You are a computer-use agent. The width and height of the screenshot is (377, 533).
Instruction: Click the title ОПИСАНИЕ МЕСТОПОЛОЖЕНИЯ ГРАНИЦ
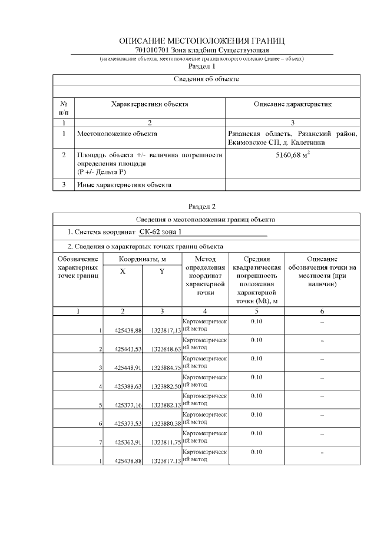[201, 41]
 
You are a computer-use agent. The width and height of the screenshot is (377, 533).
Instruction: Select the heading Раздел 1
[201, 67]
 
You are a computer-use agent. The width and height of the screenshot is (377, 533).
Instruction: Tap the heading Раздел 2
[201, 207]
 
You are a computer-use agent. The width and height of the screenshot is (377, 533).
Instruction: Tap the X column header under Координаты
[123, 272]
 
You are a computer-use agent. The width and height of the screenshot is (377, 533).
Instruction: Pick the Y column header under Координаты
[162, 272]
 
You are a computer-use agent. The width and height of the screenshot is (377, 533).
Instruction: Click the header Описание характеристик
[292, 104]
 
